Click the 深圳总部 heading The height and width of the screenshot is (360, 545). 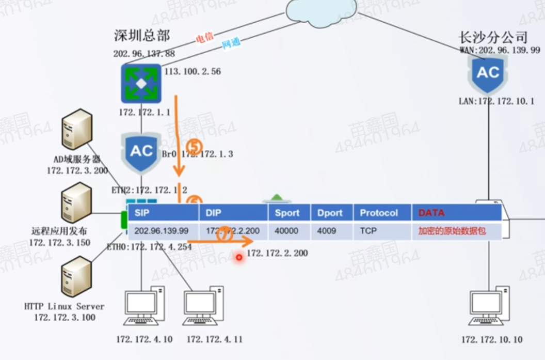142,35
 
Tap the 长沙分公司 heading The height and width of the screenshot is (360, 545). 493,37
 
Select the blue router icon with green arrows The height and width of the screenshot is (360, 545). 141,83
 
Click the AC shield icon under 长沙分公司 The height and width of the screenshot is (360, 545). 488,74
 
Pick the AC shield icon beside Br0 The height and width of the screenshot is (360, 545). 141,151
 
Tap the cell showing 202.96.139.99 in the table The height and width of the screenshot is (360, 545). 162,231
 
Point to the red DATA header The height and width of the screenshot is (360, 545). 431,213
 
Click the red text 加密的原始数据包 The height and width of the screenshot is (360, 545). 452,231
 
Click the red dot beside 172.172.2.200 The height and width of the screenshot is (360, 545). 239,257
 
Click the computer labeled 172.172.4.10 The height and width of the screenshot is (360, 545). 144,307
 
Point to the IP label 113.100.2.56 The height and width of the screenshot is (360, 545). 193,71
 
